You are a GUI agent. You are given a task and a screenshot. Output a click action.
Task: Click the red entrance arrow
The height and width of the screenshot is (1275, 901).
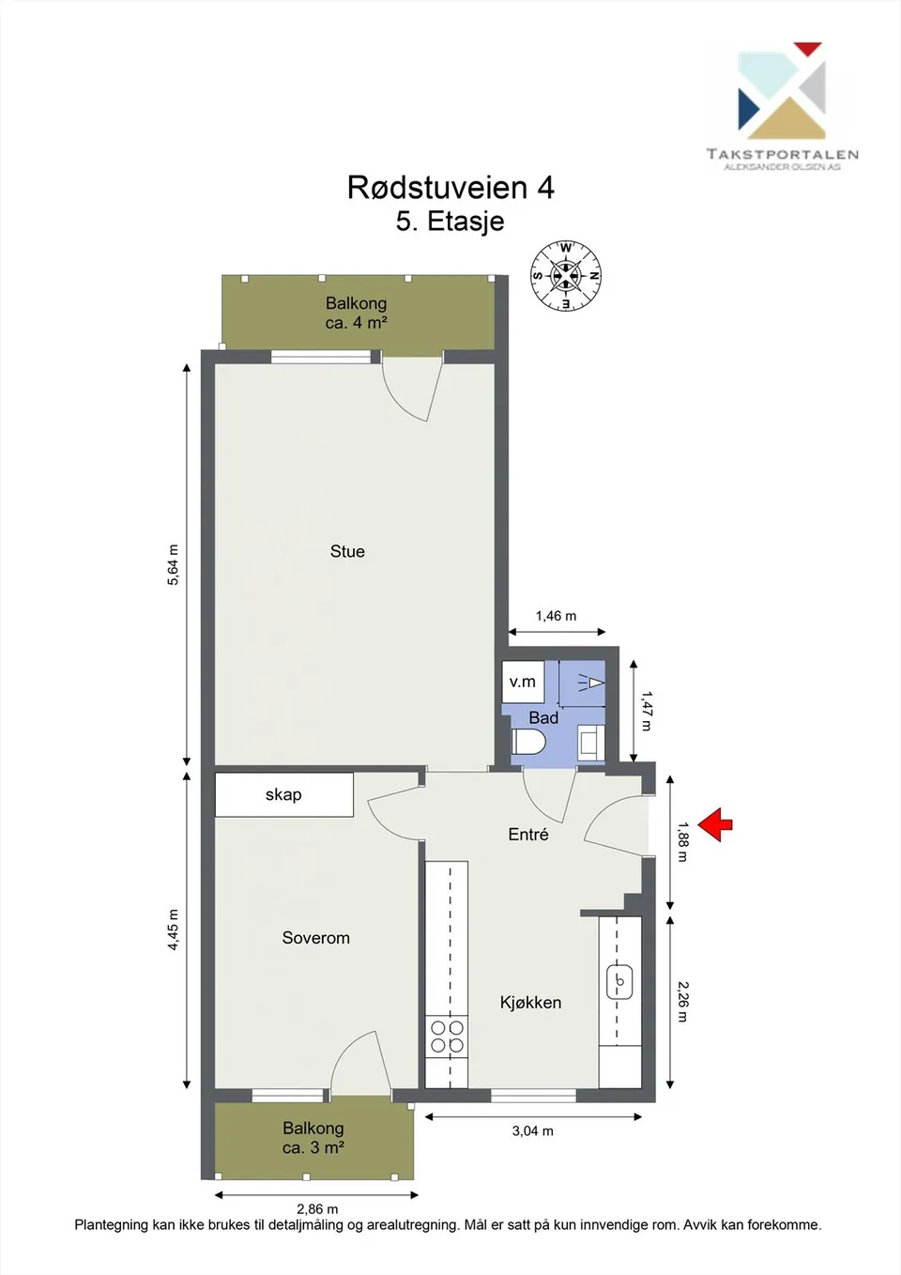pos(715,823)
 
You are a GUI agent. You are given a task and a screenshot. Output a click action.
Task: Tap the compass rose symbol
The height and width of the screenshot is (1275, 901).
pos(565,276)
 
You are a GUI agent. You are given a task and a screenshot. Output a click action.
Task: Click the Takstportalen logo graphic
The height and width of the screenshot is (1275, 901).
pos(782,91)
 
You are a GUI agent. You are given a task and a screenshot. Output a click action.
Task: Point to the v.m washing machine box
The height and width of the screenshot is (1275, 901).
pos(523,682)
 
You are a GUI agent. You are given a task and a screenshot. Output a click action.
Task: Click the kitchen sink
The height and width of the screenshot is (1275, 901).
pos(620,981)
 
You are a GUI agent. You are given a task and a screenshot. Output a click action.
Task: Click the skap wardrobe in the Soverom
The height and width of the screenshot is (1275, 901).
pos(283,794)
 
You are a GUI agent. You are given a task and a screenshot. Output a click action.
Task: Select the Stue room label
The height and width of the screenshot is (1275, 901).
pos(347,551)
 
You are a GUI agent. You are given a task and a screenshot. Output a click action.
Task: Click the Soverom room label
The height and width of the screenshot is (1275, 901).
pos(315,937)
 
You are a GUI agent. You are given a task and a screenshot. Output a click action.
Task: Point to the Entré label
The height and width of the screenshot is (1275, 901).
pos(528,834)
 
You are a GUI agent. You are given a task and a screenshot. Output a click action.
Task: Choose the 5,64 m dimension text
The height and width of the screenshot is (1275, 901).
pos(173,564)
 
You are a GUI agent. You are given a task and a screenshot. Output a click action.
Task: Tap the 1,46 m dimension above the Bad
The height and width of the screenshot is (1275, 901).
pos(556,615)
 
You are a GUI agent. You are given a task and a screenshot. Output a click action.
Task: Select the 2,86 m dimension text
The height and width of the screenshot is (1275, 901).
pos(317,1208)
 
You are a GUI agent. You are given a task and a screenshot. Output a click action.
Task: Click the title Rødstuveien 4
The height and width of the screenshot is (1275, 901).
pos(450,187)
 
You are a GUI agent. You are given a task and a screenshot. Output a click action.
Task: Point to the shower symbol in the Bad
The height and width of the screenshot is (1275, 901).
pos(591,683)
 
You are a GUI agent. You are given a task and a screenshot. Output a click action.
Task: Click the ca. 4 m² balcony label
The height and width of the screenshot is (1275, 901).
pos(356,323)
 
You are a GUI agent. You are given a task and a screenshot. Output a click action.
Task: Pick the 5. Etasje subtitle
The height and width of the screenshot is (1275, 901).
pos(450,222)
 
